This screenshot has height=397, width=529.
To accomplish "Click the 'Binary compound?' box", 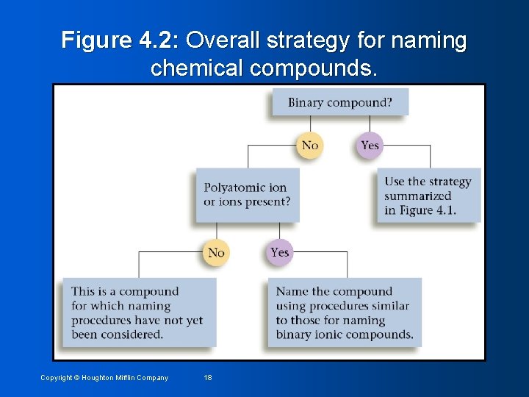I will (x=339, y=102).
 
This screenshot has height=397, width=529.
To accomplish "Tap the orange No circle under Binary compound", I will (x=310, y=146).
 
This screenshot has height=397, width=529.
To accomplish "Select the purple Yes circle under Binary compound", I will (x=370, y=146).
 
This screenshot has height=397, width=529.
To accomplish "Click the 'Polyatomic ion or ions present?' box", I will (x=247, y=195).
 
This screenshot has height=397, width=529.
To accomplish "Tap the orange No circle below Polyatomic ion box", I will (x=216, y=253).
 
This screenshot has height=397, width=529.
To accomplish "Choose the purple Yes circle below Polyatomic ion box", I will (x=279, y=253).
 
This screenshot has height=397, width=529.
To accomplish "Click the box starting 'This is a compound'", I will (x=139, y=312).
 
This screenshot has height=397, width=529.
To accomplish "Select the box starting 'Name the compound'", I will (x=345, y=312).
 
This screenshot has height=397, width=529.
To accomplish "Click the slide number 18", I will (x=208, y=378).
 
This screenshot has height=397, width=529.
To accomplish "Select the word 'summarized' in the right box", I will (x=417, y=196).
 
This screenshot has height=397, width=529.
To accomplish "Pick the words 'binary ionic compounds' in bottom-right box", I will (x=345, y=335).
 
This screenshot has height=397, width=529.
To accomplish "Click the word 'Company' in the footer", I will (x=152, y=378).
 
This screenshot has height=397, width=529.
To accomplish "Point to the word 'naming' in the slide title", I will (x=430, y=40).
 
